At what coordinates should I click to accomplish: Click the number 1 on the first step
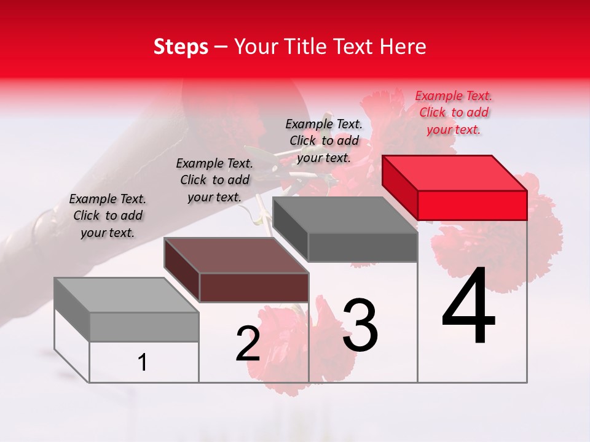pos(143,363)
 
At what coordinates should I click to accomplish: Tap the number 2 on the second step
pos(248,344)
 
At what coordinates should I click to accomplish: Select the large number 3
pos(360,325)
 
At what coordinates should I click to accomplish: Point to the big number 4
pos(469,307)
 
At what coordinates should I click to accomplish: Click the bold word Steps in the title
pos(181,47)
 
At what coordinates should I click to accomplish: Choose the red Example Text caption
pos(454,112)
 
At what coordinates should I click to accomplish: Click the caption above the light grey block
pos(108,215)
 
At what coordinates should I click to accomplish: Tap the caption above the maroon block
pos(214,180)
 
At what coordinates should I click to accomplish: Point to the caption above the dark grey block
pos(324,141)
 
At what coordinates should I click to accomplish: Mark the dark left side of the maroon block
pos(182,269)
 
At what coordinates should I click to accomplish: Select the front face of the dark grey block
pos(363,247)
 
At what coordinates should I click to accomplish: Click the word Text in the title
pos(357,47)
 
